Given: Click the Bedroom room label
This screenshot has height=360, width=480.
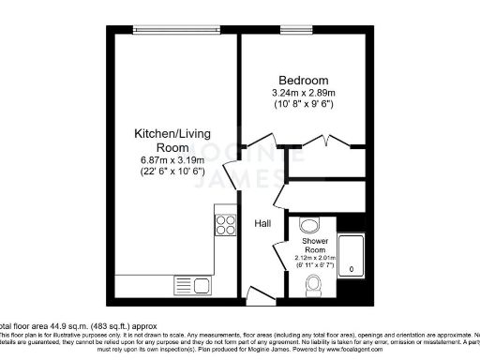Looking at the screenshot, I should [301, 80].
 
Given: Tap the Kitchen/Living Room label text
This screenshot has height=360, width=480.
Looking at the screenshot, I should [172, 141].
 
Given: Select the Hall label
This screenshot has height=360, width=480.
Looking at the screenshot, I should [263, 224].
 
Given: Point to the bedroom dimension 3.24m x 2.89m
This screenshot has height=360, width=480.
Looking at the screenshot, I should [301, 92].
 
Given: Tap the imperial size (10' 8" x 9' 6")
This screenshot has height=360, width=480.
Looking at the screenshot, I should [301, 103].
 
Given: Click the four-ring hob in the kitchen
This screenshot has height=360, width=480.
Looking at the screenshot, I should [225, 224].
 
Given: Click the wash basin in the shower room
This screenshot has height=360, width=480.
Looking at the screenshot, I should [307, 225].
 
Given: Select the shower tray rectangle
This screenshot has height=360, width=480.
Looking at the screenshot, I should [351, 253].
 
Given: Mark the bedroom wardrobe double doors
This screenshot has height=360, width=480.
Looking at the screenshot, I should [319, 142].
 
